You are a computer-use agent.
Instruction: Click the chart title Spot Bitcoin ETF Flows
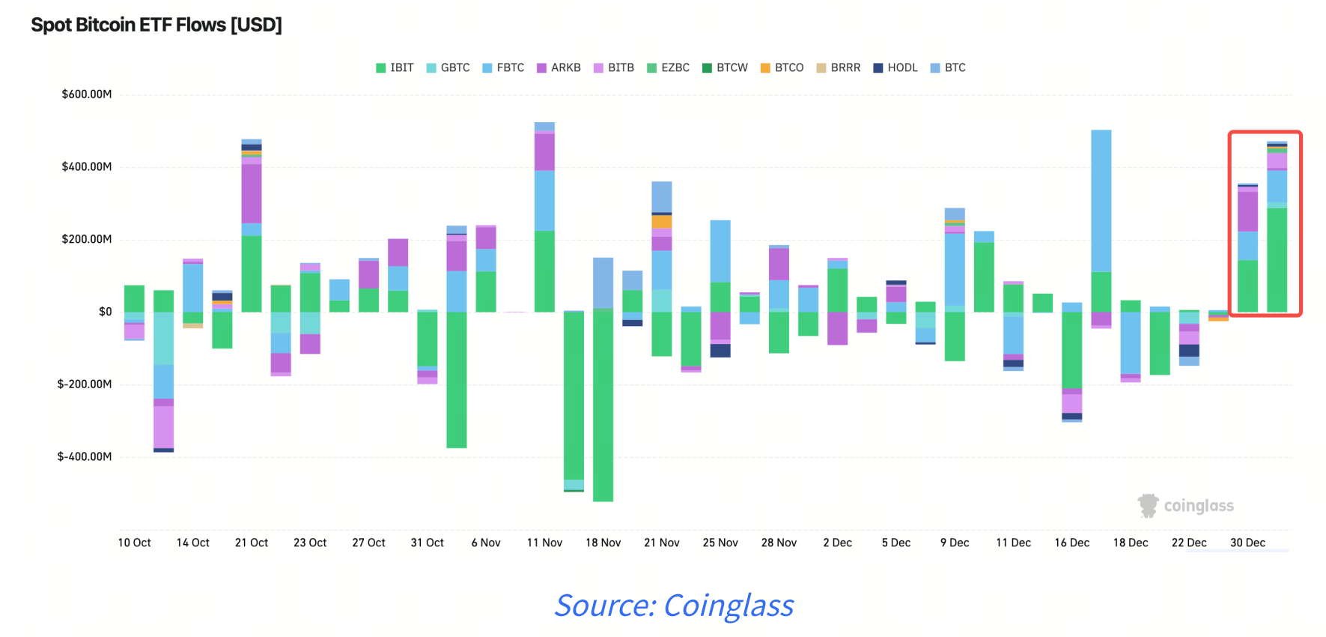156,25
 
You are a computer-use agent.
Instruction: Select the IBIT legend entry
395,67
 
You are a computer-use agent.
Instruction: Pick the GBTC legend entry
448,67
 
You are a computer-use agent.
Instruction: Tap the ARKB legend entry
559,67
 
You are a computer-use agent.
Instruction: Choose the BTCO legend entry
782,67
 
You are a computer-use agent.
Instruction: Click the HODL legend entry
895,67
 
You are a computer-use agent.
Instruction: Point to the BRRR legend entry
838,67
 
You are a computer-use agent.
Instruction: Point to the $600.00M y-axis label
87,94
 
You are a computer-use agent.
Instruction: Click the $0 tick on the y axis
106,312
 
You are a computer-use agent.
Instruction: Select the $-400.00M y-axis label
85,456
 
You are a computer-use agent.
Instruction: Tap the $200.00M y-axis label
87,239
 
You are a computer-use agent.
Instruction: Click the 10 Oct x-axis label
134,543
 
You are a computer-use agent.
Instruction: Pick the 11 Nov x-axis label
544,543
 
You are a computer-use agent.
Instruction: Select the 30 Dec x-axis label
1247,543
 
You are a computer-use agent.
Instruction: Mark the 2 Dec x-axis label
837,543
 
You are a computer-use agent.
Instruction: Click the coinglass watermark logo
1186,506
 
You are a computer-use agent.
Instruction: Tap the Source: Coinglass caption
674,606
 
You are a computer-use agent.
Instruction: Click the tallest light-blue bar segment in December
1101,201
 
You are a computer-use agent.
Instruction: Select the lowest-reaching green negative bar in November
603,405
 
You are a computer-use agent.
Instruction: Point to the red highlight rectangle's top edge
1265,132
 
